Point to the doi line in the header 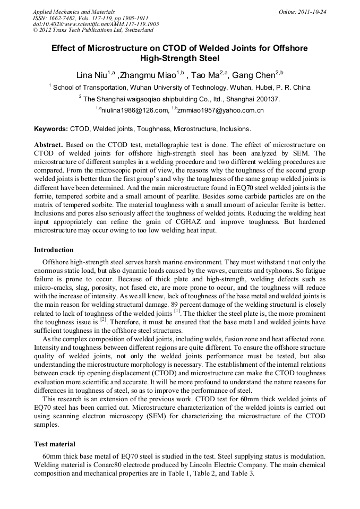pos(96,24)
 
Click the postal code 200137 pos(266,99)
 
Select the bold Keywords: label pos(51,129)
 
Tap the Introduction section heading pos(54,250)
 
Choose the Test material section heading pos(55,444)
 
